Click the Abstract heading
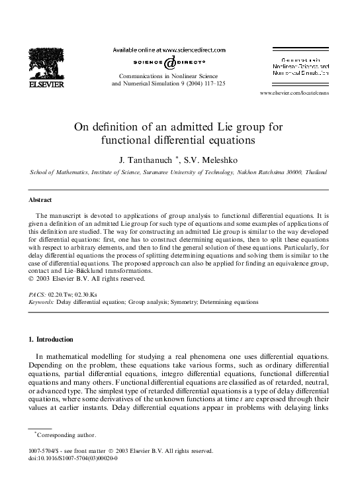(x=41, y=199)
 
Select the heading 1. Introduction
(x=54, y=340)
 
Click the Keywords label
(x=41, y=301)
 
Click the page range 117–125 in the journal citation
(x=213, y=84)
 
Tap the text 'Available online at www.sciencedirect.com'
(x=169, y=50)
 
